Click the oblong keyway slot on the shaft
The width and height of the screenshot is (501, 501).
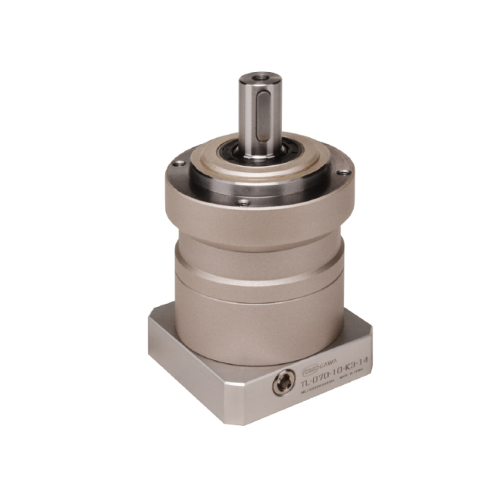point(261,117)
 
